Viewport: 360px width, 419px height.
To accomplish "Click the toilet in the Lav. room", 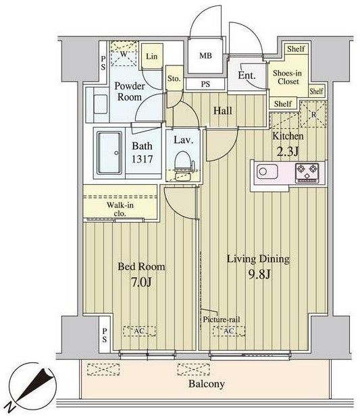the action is click(x=182, y=165).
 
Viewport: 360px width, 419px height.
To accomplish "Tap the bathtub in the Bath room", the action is click(x=109, y=153).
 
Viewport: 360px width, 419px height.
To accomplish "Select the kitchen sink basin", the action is click(x=267, y=171).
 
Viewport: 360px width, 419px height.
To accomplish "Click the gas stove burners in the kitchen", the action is click(x=307, y=173).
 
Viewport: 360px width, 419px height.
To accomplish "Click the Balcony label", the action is click(x=206, y=384).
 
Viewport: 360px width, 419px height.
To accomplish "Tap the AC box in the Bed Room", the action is click(x=139, y=331).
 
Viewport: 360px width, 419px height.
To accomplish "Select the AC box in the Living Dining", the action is click(x=229, y=331).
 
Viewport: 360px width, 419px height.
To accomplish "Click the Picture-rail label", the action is click(x=221, y=319).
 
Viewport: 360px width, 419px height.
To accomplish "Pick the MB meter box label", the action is click(x=205, y=55).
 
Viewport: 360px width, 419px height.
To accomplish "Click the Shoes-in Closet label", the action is click(x=287, y=77).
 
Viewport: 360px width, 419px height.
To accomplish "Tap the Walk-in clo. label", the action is click(x=120, y=209).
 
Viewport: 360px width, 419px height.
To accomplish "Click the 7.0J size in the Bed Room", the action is click(x=141, y=282).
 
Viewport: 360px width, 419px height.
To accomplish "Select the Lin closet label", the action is click(x=152, y=57).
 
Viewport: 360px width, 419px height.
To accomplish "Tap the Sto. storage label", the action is click(x=174, y=78).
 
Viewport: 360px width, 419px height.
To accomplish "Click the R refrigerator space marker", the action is click(x=313, y=115).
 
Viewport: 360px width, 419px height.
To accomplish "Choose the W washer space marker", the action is click(x=124, y=54).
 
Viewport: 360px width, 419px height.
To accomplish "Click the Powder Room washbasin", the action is click(x=101, y=105).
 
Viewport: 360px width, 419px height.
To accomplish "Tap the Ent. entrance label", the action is click(x=247, y=76).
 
